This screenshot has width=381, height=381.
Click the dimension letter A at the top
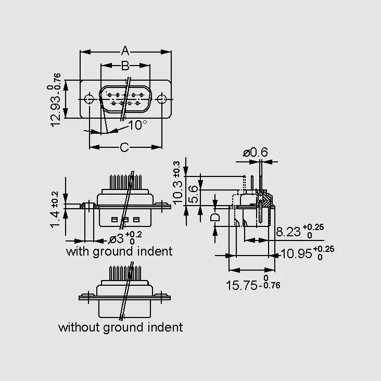(x=125, y=51)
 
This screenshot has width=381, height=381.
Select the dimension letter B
(x=125, y=66)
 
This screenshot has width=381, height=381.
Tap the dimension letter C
(x=124, y=147)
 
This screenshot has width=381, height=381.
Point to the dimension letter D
(x=215, y=217)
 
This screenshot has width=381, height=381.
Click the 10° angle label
(x=137, y=125)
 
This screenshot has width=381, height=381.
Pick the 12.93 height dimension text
(x=55, y=111)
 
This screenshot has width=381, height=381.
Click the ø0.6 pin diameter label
(x=255, y=153)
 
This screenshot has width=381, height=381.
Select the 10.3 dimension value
(x=178, y=192)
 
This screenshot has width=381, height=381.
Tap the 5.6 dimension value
(x=194, y=194)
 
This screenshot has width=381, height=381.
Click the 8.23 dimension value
(x=288, y=232)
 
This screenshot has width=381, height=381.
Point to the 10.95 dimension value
(x=296, y=253)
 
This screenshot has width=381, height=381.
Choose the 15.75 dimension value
(x=242, y=285)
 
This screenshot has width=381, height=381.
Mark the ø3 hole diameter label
(x=116, y=239)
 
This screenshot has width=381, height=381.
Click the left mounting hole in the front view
(x=89, y=99)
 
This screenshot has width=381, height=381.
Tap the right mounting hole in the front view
(x=161, y=99)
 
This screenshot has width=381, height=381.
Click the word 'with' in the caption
(x=78, y=251)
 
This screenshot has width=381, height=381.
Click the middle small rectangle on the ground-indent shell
(x=125, y=220)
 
